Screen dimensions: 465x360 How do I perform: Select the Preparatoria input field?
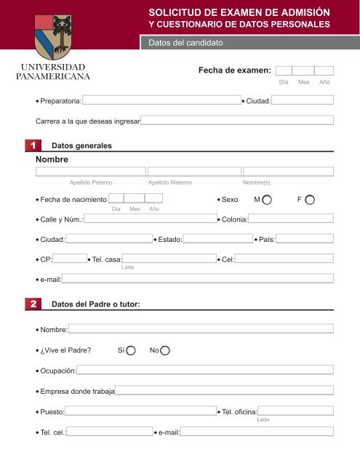click(161, 100)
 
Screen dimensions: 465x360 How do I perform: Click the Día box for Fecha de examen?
click(284, 71)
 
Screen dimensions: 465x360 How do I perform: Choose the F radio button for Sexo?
click(311, 199)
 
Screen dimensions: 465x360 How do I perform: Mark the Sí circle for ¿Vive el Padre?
click(131, 351)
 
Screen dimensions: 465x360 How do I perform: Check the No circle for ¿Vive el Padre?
click(164, 351)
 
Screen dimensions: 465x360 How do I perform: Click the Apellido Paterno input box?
click(89, 171)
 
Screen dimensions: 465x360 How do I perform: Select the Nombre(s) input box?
click(288, 171)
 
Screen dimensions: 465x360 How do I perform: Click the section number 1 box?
click(33, 145)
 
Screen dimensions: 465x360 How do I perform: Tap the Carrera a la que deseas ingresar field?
click(237, 120)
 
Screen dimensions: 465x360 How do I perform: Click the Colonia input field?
click(292, 219)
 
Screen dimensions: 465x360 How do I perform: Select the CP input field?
click(71, 258)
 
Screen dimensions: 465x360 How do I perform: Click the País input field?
click(305, 238)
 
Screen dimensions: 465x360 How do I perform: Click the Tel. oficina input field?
click(296, 411)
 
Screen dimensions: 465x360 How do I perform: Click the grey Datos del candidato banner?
click(247, 43)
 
